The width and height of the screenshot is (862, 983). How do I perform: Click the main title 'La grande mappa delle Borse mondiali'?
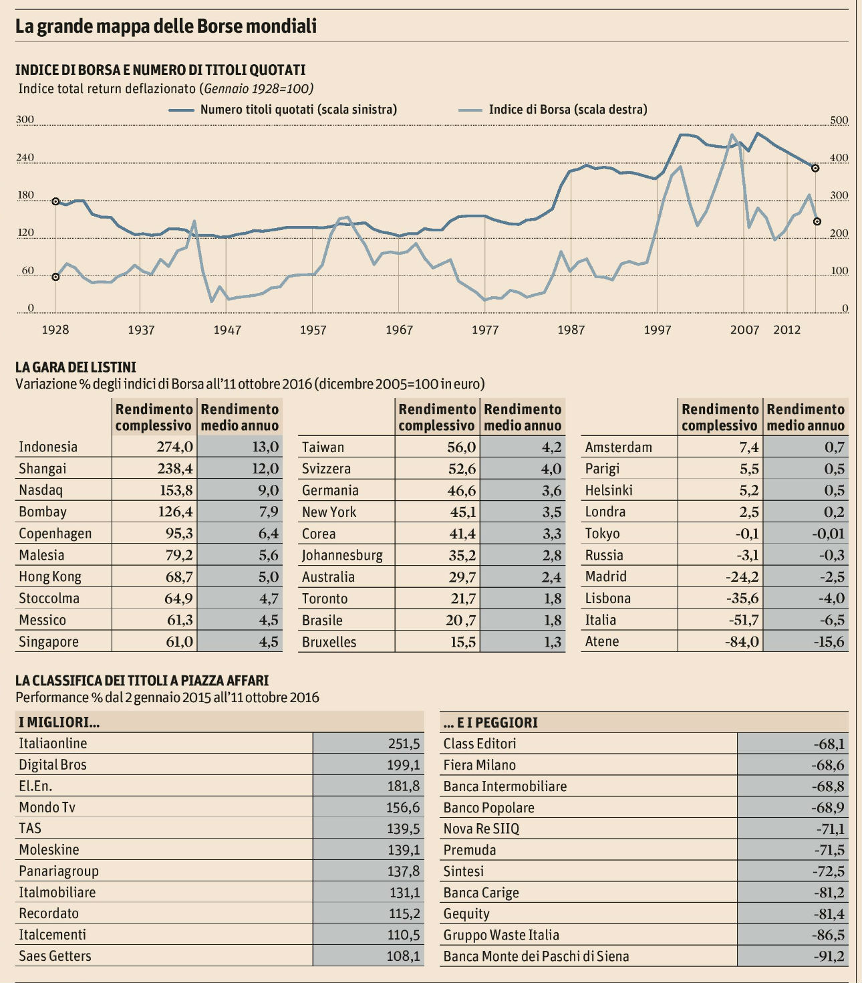pyautogui.click(x=166, y=26)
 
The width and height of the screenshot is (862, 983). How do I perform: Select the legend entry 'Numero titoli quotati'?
pyautogui.click(x=298, y=110)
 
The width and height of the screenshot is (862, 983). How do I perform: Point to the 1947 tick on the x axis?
pyautogui.click(x=227, y=330)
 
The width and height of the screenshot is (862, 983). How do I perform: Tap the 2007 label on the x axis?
pyautogui.click(x=744, y=330)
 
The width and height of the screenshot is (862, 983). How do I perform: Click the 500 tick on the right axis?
pyautogui.click(x=839, y=121)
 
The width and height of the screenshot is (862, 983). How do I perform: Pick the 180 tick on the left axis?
pyautogui.click(x=25, y=196)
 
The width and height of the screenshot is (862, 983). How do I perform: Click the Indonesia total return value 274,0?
pyautogui.click(x=175, y=447)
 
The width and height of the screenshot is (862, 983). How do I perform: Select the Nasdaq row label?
pyautogui.click(x=41, y=490)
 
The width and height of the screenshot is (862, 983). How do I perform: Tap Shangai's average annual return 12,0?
pyautogui.click(x=265, y=468)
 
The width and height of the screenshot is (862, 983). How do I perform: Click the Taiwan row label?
pyautogui.click(x=323, y=447)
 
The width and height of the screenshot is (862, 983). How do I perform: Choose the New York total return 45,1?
pyautogui.click(x=462, y=512)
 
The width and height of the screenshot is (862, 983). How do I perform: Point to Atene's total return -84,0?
pyautogui.click(x=742, y=641)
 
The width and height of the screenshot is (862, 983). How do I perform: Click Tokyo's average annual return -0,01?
pyautogui.click(x=828, y=533)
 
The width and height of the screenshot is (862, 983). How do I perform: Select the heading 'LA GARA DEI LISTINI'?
pyautogui.click(x=76, y=367)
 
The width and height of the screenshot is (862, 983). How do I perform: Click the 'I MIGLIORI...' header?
pyautogui.click(x=59, y=722)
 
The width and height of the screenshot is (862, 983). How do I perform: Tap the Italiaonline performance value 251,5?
pyautogui.click(x=404, y=744)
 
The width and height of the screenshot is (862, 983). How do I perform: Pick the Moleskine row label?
pyautogui.click(x=49, y=850)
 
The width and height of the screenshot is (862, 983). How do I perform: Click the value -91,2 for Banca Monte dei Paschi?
pyautogui.click(x=829, y=956)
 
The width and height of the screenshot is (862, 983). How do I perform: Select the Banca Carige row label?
pyautogui.click(x=481, y=893)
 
